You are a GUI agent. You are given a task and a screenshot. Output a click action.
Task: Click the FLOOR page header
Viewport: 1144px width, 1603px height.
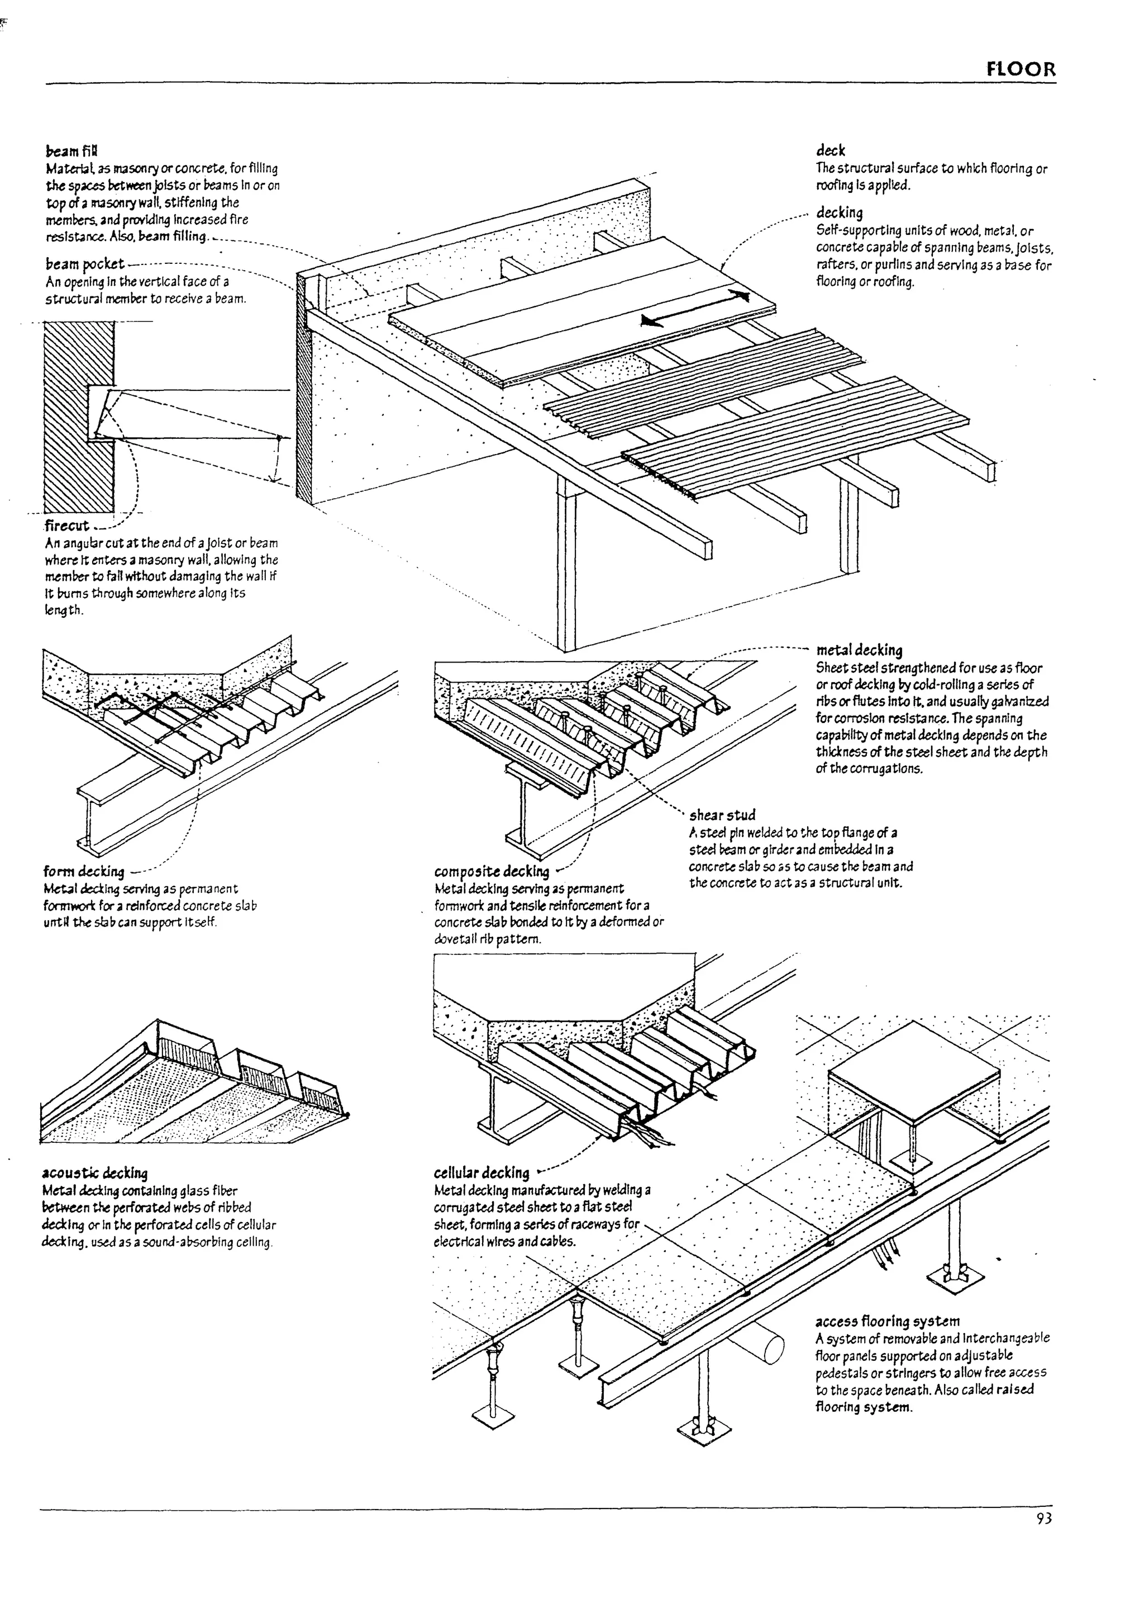[1021, 70]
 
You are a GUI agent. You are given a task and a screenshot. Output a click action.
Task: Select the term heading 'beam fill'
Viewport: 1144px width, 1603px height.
[72, 152]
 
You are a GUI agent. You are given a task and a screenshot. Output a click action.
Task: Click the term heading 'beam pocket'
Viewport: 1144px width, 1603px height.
[84, 264]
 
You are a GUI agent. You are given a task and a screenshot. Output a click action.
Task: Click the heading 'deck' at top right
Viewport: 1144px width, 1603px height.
[831, 150]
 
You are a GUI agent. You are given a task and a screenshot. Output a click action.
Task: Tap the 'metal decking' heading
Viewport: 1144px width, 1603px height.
[859, 650]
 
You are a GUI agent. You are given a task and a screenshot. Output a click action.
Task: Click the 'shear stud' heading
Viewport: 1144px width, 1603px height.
[722, 815]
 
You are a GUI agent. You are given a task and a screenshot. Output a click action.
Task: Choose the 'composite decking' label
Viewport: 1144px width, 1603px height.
[491, 871]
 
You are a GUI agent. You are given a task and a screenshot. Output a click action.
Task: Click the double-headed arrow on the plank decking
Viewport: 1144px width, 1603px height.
[694, 308]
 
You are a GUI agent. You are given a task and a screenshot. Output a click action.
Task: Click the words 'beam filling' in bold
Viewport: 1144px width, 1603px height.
[173, 236]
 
